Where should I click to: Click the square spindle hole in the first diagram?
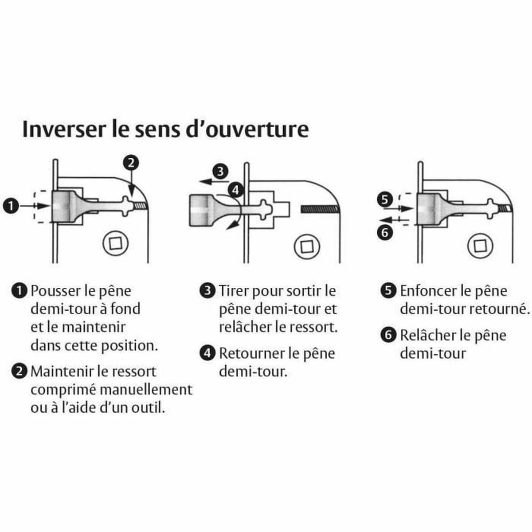pyautogui.click(x=113, y=243)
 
